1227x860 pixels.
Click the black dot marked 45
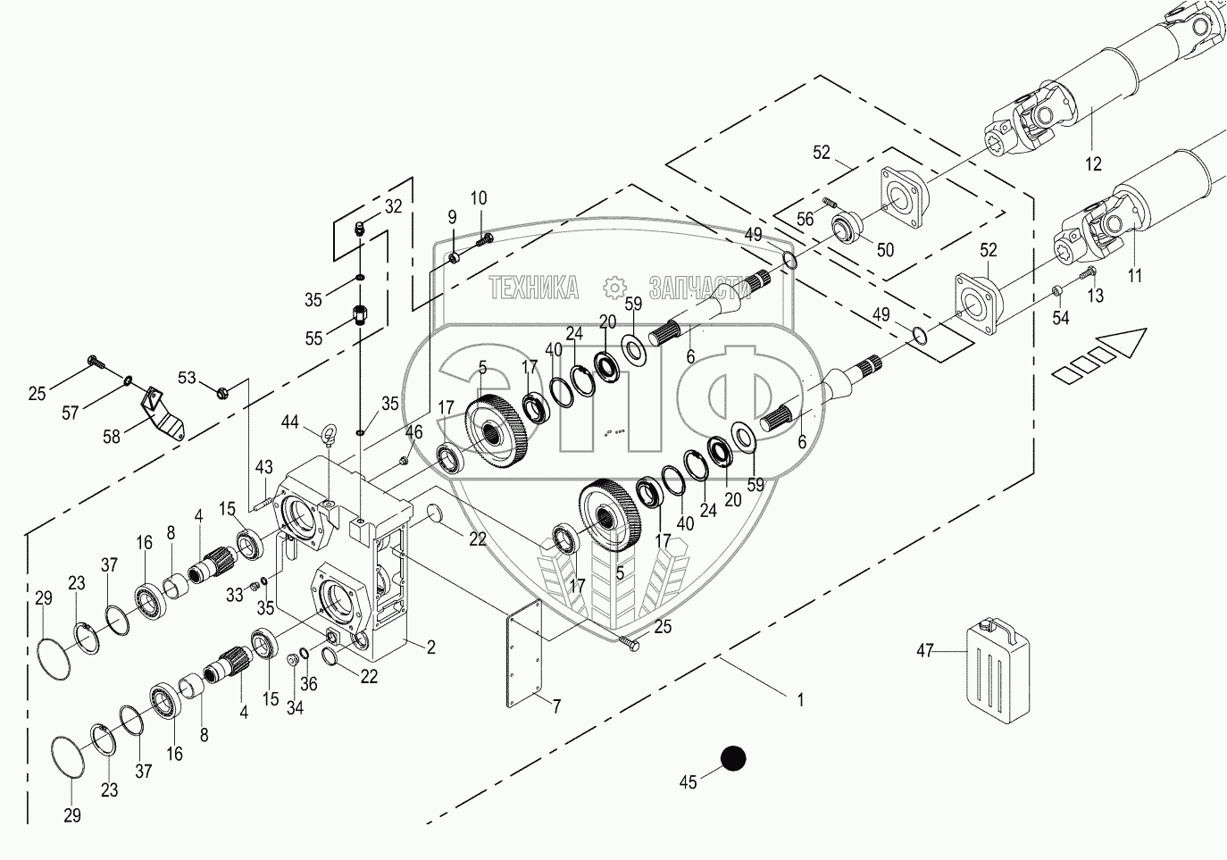click(733, 758)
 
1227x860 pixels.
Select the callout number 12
click(1093, 163)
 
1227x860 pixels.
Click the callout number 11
click(1134, 276)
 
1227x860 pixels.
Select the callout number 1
click(800, 701)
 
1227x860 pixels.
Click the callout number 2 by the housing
click(430, 647)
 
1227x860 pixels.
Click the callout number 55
click(313, 338)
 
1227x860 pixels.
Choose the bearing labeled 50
click(844, 228)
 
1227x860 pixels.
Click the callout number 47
click(925, 651)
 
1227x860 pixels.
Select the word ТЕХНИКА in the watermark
click(533, 287)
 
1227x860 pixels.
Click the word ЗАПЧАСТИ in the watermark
click(700, 287)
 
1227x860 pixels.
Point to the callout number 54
click(1060, 319)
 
